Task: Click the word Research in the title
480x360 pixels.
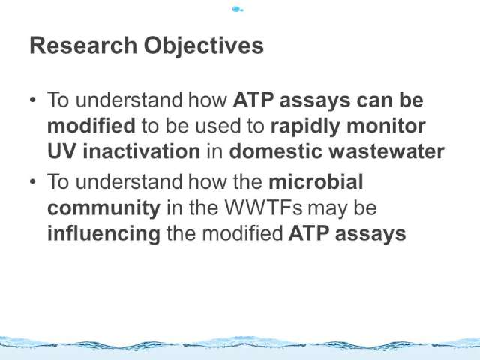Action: (83, 46)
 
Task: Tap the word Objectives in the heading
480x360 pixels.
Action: (204, 46)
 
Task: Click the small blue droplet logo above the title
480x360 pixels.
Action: (238, 10)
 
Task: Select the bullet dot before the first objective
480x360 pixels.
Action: (33, 100)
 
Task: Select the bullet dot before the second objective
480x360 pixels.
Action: (33, 181)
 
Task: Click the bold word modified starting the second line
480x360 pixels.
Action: (91, 125)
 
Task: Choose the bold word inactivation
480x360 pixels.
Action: (142, 151)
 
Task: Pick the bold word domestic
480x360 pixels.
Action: (275, 151)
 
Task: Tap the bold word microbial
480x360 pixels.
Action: (316, 181)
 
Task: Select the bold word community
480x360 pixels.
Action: (103, 209)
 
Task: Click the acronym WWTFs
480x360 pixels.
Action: (263, 208)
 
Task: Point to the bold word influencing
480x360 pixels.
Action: (103, 235)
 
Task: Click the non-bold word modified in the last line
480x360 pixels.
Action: (242, 233)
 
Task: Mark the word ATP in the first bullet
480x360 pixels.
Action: (253, 100)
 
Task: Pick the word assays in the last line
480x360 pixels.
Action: (370, 235)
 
